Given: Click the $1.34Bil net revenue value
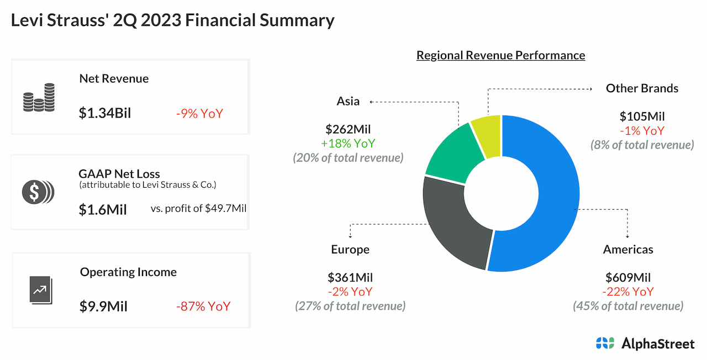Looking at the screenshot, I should pos(105,114).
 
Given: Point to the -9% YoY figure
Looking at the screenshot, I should pos(199,114).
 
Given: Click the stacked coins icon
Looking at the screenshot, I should pos(39,98).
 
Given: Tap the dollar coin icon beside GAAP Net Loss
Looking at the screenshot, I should pos(38,192).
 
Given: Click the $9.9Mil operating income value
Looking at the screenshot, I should pos(103,306).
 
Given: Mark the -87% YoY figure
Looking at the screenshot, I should pos(203,306).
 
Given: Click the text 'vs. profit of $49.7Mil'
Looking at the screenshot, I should pos(198,209).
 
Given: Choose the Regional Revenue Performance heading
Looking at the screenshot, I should pos(500,55).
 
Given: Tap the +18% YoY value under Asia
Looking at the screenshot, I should pos(348,144).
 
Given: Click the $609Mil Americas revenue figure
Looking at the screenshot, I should pos(628,278).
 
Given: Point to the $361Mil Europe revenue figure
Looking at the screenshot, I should pos(350,278).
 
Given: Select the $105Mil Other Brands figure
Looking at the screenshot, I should pos(642,117).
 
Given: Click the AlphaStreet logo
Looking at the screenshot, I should pos(645,343).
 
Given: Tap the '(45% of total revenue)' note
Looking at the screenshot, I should pos(628,306).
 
